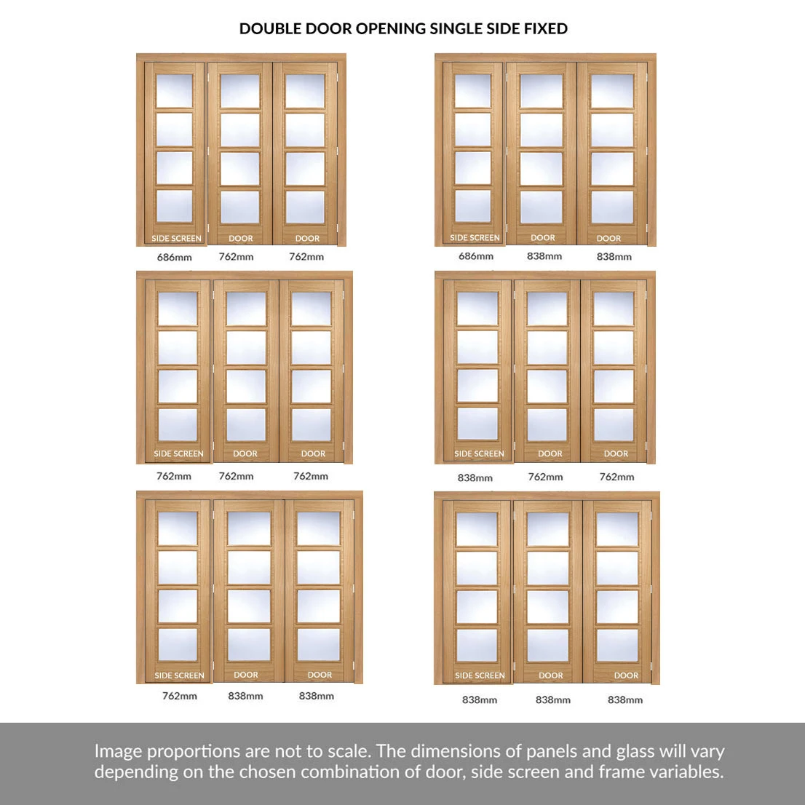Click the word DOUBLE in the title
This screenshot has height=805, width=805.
click(270, 29)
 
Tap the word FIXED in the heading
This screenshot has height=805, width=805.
click(546, 29)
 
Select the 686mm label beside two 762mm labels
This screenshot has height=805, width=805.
click(175, 257)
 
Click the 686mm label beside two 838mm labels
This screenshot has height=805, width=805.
click(476, 256)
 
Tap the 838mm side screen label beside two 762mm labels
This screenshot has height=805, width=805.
click(475, 478)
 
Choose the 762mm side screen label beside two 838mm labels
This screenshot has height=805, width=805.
click(180, 696)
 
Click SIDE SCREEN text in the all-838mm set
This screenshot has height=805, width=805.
click(480, 675)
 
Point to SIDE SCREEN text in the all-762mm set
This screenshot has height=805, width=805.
click(178, 454)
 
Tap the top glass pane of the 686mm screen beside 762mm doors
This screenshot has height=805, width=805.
click(174, 91)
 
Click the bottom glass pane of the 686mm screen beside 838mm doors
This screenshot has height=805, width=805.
click(473, 207)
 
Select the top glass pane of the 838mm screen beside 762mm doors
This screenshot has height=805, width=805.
click(477, 308)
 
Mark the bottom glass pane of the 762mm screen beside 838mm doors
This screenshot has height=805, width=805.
click(178, 645)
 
